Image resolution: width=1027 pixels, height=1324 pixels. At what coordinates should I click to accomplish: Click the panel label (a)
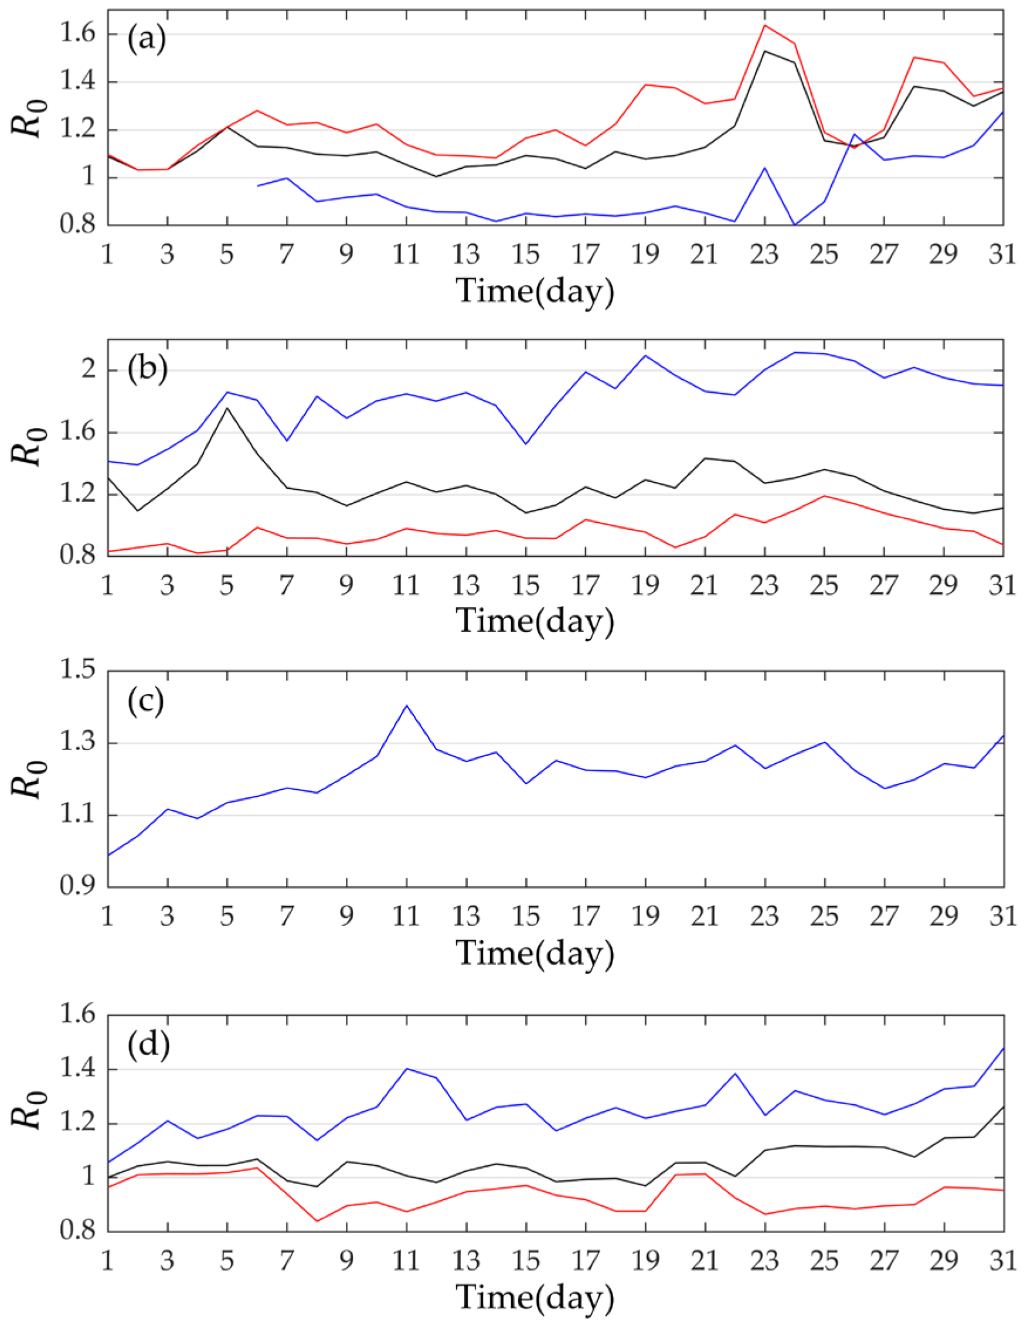(146, 40)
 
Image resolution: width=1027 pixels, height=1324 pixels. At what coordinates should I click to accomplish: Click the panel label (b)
(146, 370)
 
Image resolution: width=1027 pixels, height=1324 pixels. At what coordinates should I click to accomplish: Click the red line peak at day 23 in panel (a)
(765, 25)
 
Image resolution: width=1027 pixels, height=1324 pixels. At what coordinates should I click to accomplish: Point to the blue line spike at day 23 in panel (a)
(765, 168)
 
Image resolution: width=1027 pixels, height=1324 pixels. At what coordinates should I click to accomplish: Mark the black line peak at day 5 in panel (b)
(227, 407)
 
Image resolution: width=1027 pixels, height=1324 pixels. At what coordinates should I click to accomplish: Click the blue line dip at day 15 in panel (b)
(526, 444)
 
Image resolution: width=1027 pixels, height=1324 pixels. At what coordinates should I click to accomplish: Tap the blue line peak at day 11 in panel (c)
(406, 706)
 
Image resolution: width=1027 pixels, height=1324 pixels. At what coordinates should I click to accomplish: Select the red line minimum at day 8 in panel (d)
(317, 1221)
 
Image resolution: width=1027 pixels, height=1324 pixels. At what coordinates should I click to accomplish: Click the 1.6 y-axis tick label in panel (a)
(77, 34)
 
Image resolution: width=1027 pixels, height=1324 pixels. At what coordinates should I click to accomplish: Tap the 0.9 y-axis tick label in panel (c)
(77, 886)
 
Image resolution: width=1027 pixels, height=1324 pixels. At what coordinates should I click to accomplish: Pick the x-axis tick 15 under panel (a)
(526, 254)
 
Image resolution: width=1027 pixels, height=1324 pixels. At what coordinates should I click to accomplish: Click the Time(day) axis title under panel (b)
(535, 621)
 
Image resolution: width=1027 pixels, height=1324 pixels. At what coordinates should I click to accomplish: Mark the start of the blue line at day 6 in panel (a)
(258, 186)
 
